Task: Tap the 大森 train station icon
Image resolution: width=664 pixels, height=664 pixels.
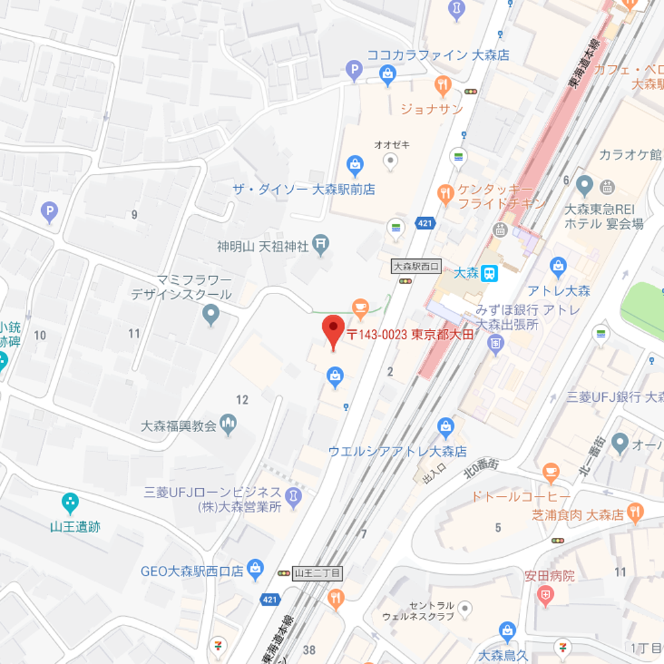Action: pyautogui.click(x=489, y=273)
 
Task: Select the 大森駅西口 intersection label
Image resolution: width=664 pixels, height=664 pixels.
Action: pyautogui.click(x=416, y=267)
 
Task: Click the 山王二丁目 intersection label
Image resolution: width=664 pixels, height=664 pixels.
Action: pyautogui.click(x=318, y=572)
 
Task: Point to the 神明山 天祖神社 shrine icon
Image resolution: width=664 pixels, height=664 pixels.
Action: pyautogui.click(x=321, y=246)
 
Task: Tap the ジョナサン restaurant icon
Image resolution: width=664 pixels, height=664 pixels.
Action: pyautogui.click(x=443, y=84)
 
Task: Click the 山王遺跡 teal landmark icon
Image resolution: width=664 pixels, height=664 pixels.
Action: pyautogui.click(x=70, y=501)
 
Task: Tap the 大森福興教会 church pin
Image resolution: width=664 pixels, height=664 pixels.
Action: pyautogui.click(x=229, y=423)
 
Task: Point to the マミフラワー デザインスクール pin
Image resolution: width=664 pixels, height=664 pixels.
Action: pyautogui.click(x=212, y=314)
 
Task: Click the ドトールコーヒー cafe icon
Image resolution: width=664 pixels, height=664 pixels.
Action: pyautogui.click(x=550, y=472)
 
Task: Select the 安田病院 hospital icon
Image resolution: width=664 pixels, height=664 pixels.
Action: pyautogui.click(x=546, y=596)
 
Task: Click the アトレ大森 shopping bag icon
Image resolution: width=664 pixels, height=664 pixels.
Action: pyautogui.click(x=559, y=267)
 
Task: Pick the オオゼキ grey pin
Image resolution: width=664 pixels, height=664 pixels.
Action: pyautogui.click(x=391, y=160)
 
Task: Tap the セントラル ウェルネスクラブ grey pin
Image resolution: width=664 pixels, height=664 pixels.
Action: pyautogui.click(x=465, y=608)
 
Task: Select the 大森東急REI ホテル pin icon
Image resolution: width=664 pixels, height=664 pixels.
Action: pyautogui.click(x=584, y=184)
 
